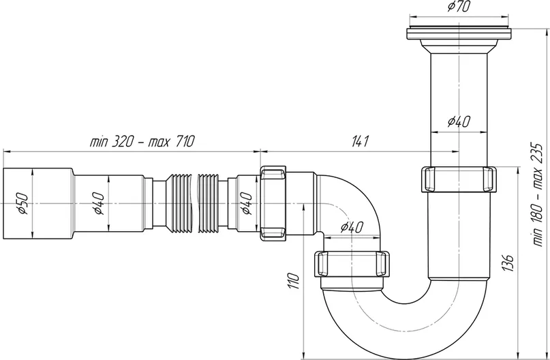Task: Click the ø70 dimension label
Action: (458, 7)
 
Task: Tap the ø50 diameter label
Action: (23, 203)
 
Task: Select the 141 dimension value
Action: (360, 141)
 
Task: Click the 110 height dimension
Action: (293, 281)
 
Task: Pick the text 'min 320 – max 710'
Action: (142, 141)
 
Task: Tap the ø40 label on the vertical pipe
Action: (458, 121)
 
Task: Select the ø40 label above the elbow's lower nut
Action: (352, 227)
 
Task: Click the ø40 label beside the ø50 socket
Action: (99, 203)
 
